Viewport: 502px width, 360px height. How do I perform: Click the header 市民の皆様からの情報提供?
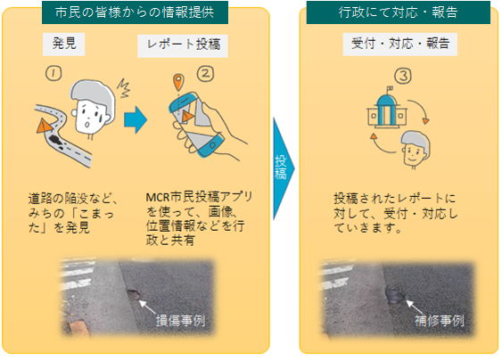135,12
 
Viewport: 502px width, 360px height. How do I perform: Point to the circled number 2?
207,74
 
